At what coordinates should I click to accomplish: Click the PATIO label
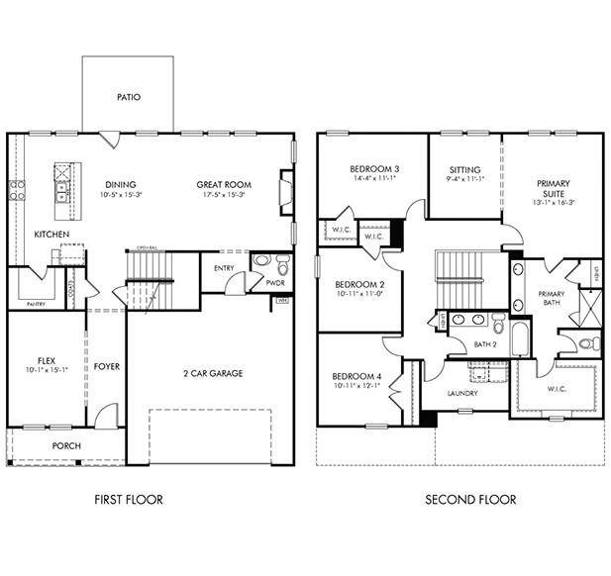(x=128, y=98)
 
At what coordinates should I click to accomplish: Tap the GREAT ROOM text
(x=224, y=184)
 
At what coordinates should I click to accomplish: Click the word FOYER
(x=107, y=367)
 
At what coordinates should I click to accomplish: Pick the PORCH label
(x=66, y=446)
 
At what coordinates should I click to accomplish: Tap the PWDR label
(x=275, y=283)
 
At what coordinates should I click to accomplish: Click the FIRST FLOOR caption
(x=128, y=500)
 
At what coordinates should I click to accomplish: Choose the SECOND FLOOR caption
(x=470, y=500)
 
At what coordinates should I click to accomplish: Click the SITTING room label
(x=463, y=170)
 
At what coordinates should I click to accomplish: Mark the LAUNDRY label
(x=462, y=393)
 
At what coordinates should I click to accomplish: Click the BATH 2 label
(x=484, y=344)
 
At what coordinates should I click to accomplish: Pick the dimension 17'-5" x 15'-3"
(x=224, y=195)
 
